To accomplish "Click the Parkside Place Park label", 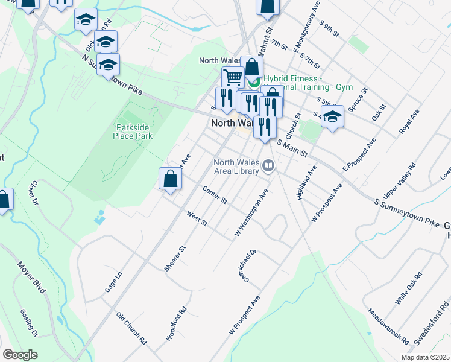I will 133,132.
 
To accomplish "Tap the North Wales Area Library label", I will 236,167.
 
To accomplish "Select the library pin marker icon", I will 267,167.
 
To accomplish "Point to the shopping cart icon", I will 232,77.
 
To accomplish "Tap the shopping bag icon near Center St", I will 171,179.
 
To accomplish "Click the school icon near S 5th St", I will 332,116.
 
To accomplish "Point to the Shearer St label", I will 175,258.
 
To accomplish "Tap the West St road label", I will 197,219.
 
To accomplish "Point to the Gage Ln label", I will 113,281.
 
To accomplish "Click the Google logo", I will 20,355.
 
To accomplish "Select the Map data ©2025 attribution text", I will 425,357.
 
